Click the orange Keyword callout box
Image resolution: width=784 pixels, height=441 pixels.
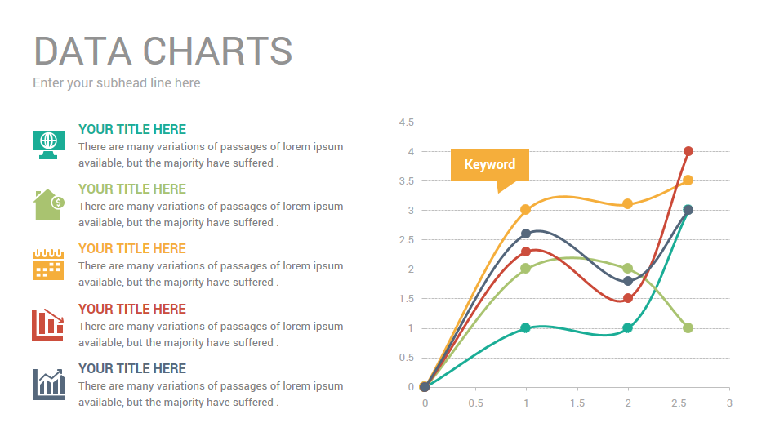pos(490,164)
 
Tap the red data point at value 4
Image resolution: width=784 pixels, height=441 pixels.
pos(688,151)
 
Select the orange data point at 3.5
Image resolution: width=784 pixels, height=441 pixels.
pos(688,180)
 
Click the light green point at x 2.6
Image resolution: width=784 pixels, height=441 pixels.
pos(688,327)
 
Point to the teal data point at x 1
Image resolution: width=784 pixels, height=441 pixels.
pos(526,327)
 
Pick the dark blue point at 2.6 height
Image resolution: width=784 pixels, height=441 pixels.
pos(526,234)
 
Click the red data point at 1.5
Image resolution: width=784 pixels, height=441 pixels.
pos(627,298)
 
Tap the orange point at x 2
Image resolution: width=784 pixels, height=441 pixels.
pos(627,203)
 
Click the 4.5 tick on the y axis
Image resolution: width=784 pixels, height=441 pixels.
pos(406,122)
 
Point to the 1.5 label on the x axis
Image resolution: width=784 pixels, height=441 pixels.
pos(577,403)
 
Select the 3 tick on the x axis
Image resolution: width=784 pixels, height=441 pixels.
pos(729,403)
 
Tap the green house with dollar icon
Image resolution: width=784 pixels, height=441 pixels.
pos(47,204)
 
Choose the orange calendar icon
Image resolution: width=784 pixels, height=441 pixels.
pos(48,265)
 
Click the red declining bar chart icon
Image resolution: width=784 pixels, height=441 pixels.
pos(47,324)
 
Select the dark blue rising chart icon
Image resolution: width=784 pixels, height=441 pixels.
pos(48,384)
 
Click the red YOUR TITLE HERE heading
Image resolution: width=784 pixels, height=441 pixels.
pos(132,309)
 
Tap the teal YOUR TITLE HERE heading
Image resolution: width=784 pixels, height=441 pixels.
pos(132,129)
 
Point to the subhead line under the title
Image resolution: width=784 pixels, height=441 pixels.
pos(117,82)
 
